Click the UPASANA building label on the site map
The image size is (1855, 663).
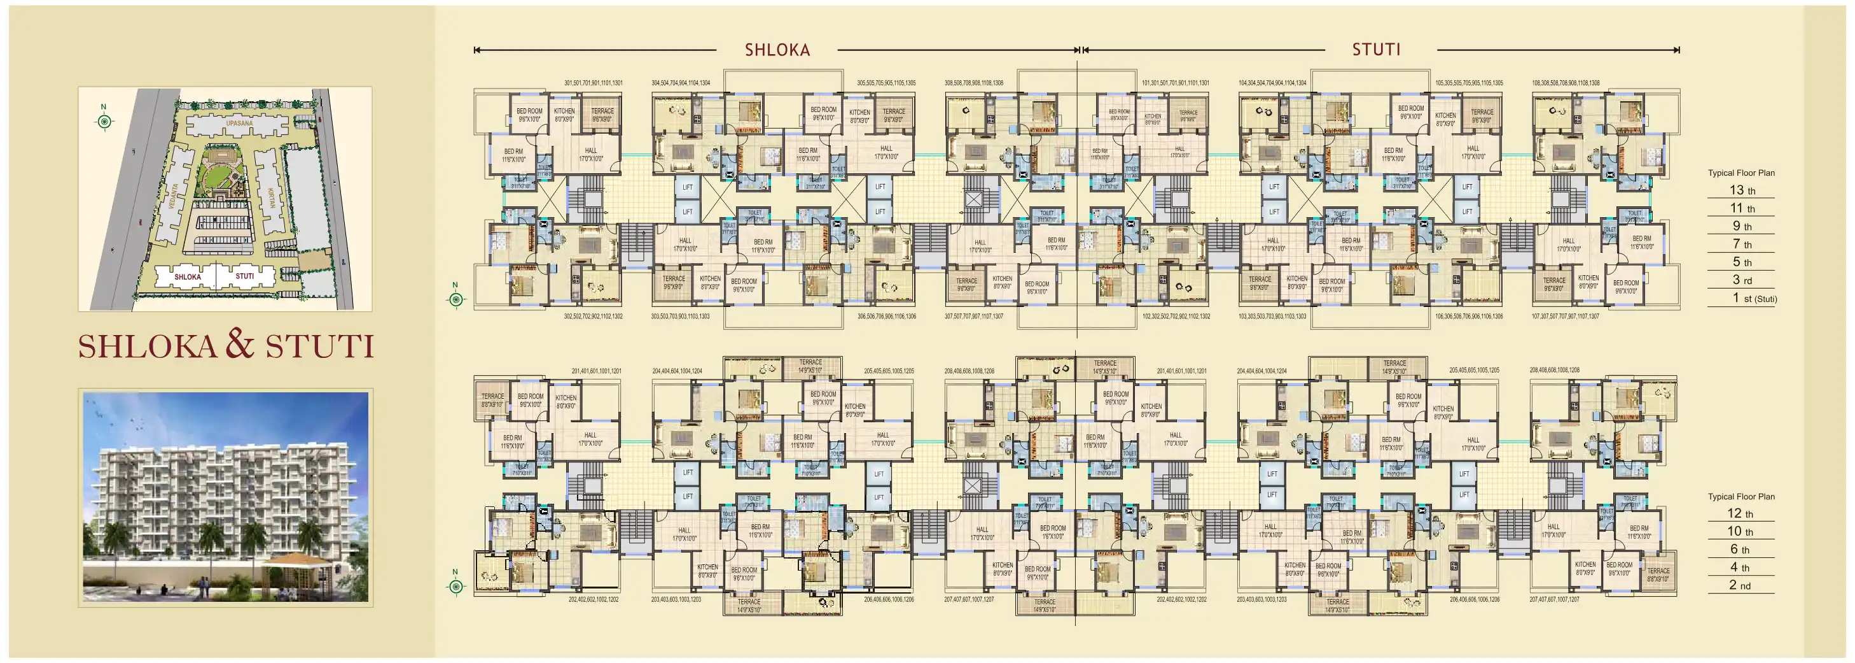pyautogui.click(x=239, y=123)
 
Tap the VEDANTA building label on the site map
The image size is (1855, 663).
pyautogui.click(x=173, y=196)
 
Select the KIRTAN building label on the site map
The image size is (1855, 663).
pyautogui.click(x=272, y=197)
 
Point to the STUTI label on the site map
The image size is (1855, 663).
pyautogui.click(x=245, y=276)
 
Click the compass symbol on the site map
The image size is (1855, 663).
pyautogui.click(x=105, y=121)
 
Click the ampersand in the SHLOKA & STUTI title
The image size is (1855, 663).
pyautogui.click(x=240, y=344)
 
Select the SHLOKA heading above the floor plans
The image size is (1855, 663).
pyautogui.click(x=777, y=50)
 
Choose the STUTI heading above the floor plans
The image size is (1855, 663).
pyautogui.click(x=1375, y=50)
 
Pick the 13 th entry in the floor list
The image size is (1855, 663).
pyautogui.click(x=1742, y=190)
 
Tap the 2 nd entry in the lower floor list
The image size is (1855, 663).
pyautogui.click(x=1739, y=585)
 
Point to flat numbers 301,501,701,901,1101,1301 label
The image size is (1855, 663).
pyautogui.click(x=594, y=83)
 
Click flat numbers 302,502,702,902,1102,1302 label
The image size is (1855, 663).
pyautogui.click(x=593, y=317)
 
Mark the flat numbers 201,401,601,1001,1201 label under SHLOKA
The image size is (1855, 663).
pyautogui.click(x=596, y=371)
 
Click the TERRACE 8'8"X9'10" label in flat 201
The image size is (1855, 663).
pyautogui.click(x=492, y=400)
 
